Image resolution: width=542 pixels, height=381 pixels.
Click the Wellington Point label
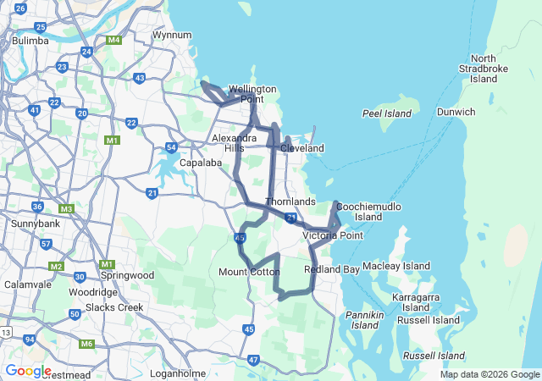pyautogui.click(x=252, y=93)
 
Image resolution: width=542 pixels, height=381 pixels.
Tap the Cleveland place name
pyautogui.click(x=302, y=148)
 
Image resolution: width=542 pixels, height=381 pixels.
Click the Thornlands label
pyautogui.click(x=290, y=202)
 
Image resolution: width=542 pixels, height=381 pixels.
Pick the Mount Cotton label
pyautogui.click(x=249, y=272)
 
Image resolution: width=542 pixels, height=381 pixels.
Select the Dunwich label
pyautogui.click(x=456, y=112)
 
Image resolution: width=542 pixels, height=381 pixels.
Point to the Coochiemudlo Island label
pyautogui.click(x=368, y=212)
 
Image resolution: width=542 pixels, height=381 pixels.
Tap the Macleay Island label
pyautogui.click(x=396, y=266)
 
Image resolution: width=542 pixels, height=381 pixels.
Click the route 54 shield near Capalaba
pyautogui.click(x=171, y=147)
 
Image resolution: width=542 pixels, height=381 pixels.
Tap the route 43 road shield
pyautogui.click(x=140, y=79)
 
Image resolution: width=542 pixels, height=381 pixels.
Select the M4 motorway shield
pyautogui.click(x=113, y=40)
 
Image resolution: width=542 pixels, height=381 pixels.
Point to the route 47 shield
pyautogui.click(x=254, y=360)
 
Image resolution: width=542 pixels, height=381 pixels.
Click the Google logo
pyautogui.click(x=28, y=371)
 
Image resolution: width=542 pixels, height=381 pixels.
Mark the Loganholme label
pyautogui.click(x=179, y=373)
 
